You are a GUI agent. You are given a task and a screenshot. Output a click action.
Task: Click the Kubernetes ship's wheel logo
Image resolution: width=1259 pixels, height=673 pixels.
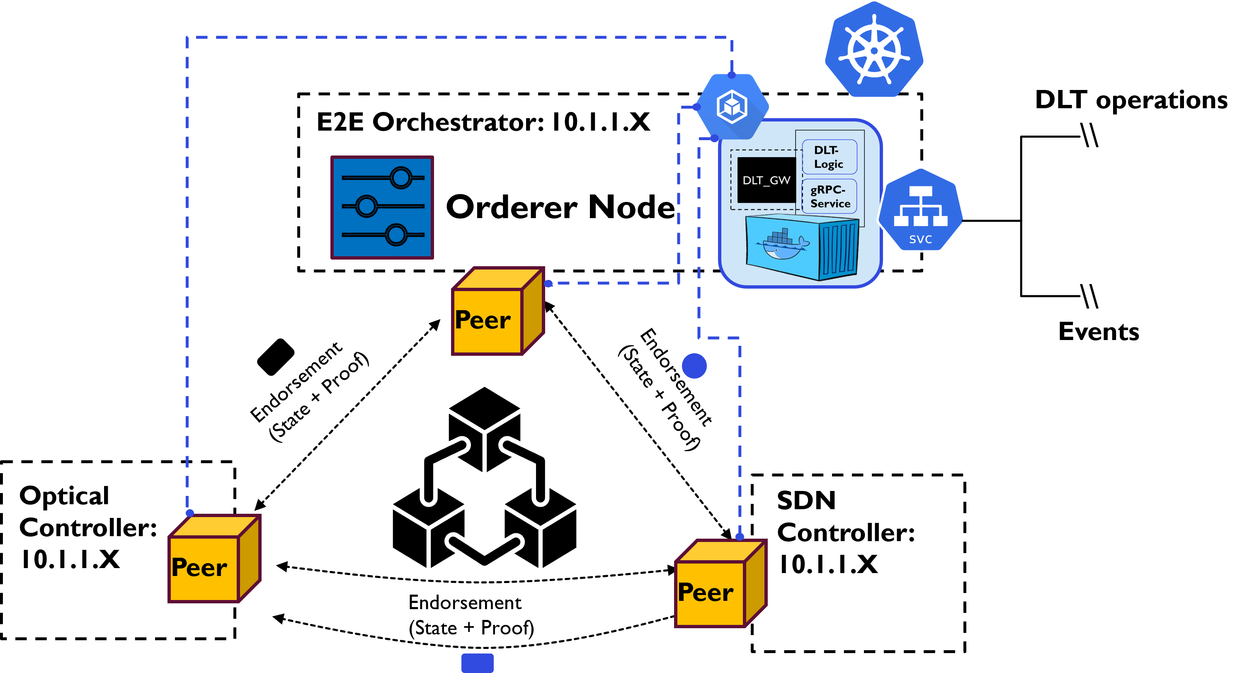click(874, 50)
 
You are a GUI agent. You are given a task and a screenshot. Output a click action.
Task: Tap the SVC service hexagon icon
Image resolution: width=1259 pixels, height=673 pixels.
click(921, 210)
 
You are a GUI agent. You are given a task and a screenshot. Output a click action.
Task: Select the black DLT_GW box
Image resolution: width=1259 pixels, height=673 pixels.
click(766, 180)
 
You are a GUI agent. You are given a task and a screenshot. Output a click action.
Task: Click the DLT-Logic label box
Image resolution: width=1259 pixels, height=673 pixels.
click(830, 157)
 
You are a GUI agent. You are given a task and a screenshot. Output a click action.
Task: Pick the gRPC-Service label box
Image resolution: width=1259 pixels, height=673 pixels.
click(830, 197)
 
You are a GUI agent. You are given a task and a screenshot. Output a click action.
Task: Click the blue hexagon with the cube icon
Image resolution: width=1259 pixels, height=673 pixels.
click(732, 107)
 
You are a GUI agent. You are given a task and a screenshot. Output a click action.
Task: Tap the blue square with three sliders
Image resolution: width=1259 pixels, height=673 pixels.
click(382, 207)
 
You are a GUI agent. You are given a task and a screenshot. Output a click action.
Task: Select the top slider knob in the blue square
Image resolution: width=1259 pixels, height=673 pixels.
click(401, 177)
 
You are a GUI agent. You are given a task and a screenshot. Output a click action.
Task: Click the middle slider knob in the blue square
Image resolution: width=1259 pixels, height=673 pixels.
click(366, 206)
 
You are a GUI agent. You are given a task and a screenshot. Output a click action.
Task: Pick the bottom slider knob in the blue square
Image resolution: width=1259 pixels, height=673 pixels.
click(396, 235)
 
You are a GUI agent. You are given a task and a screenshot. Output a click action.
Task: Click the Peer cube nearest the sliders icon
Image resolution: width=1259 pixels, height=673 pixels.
click(497, 311)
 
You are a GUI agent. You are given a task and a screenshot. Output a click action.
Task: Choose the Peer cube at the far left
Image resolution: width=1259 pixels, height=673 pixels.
click(214, 559)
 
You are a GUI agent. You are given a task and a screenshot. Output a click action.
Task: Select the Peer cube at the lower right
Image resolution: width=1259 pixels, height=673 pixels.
click(720, 583)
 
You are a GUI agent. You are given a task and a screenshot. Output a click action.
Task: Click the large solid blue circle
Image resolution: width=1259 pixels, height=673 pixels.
click(694, 366)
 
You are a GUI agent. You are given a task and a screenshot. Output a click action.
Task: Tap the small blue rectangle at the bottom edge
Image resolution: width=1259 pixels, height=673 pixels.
click(478, 663)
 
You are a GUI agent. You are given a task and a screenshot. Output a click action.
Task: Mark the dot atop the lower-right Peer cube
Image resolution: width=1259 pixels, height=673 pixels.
click(740, 537)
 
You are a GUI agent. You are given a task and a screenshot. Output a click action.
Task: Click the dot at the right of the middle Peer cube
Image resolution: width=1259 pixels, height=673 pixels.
click(548, 284)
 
